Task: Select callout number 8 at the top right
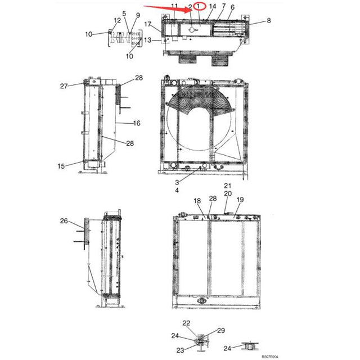pyautogui.click(x=268, y=20)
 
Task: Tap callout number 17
pyautogui.click(x=147, y=25)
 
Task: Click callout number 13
pyautogui.click(x=147, y=40)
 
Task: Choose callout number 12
pyautogui.click(x=117, y=21)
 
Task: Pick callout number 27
pyautogui.click(x=64, y=86)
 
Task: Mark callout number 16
pyautogui.click(x=136, y=123)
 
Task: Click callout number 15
pyautogui.click(x=61, y=165)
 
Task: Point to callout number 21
pyautogui.click(x=228, y=186)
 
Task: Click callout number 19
pyautogui.click(x=240, y=200)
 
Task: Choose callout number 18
pyautogui.click(x=197, y=201)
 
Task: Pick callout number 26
pyautogui.click(x=64, y=220)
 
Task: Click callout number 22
pyautogui.click(x=186, y=322)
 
